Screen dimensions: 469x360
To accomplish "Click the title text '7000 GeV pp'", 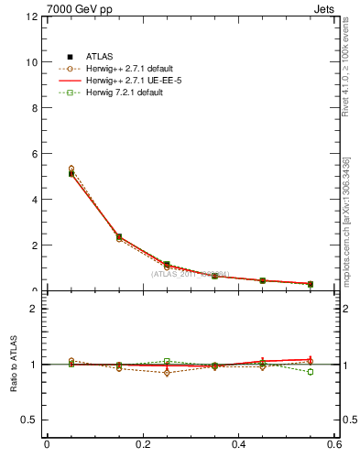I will (x=72, y=8).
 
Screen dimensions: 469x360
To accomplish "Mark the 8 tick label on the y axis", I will (x=33, y=108).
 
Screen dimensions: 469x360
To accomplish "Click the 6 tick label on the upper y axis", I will (x=33, y=154).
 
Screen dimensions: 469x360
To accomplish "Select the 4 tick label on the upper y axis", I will (x=33, y=200).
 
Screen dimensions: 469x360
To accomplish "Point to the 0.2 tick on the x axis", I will (x=142, y=444).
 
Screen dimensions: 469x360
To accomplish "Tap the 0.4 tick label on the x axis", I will (x=238, y=444).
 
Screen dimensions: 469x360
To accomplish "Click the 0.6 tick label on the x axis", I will (x=334, y=444).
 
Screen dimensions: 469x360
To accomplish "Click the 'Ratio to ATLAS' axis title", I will (x=14, y=365).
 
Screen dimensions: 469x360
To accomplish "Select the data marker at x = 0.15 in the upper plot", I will (x=119, y=236).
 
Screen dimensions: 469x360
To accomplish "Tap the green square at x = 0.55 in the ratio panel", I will (x=311, y=372).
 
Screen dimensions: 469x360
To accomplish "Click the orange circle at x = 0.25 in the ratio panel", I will (x=167, y=373).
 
